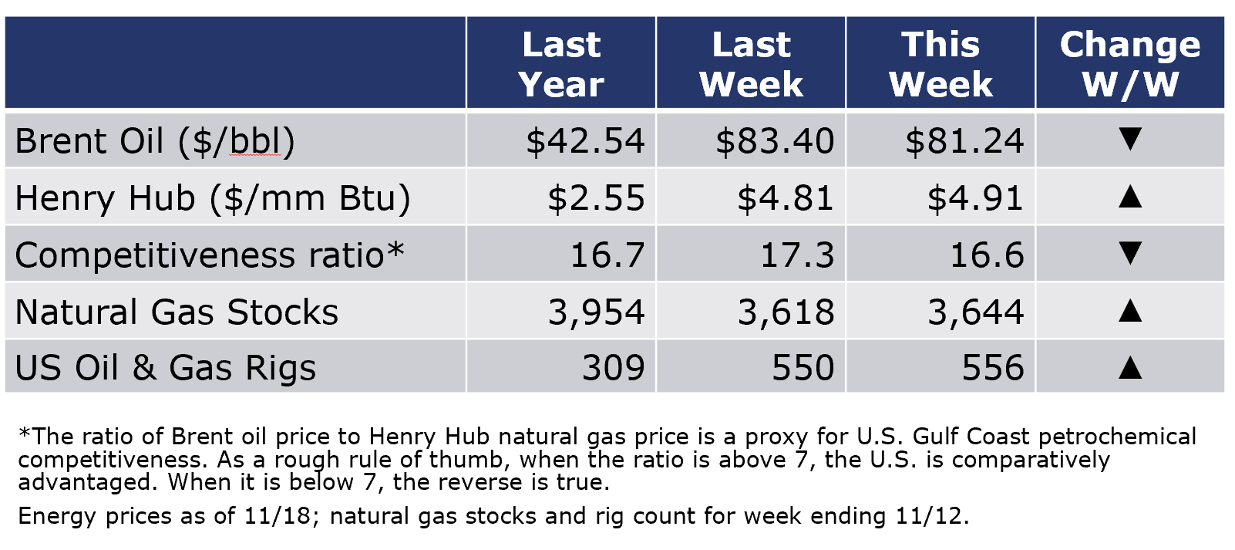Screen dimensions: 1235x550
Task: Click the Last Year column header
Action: (x=561, y=64)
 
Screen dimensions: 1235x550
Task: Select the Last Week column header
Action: (x=751, y=64)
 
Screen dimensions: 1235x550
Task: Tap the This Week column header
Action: (x=941, y=64)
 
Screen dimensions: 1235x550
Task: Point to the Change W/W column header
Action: (x=1130, y=64)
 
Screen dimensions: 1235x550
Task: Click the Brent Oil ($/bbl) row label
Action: (x=155, y=141)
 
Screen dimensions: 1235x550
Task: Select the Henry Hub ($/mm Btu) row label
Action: (x=213, y=198)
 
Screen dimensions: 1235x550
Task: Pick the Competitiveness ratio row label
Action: (x=210, y=255)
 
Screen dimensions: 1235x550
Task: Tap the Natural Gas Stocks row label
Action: (x=177, y=312)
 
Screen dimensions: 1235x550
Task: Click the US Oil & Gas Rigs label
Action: (x=166, y=367)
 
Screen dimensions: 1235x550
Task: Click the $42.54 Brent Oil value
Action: (x=585, y=141)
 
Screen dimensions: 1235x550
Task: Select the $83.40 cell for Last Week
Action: (x=775, y=141)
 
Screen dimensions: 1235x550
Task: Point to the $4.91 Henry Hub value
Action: (x=975, y=198)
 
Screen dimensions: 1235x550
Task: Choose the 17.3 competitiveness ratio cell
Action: (x=797, y=255)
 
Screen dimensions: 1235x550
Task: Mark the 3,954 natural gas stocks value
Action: (x=596, y=312)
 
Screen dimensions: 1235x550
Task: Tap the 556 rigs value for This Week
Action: (x=993, y=368)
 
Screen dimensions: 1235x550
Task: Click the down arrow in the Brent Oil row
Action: (x=1130, y=139)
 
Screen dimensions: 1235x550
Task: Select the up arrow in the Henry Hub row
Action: (x=1130, y=197)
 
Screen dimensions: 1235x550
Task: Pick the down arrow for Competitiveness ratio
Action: (x=1130, y=253)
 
